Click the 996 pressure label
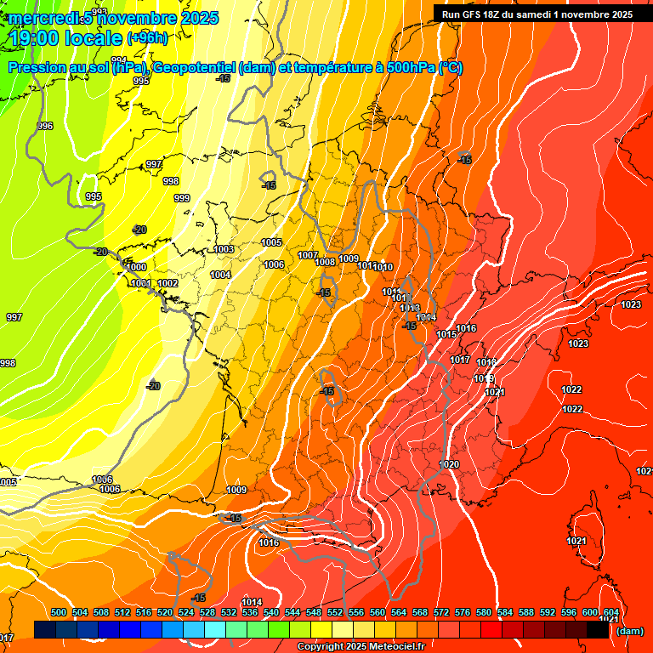(x=45, y=126)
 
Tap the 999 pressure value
(x=181, y=198)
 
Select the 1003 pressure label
(x=224, y=249)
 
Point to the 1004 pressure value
(x=220, y=275)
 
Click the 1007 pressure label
(x=308, y=255)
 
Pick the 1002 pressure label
(x=168, y=283)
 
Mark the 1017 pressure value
(x=460, y=360)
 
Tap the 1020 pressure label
(x=450, y=464)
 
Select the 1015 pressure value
(x=446, y=334)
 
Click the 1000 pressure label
(x=136, y=267)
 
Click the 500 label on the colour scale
(x=59, y=612)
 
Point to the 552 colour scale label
(x=335, y=612)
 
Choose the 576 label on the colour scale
(x=463, y=612)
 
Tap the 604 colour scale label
(x=610, y=612)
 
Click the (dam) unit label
(x=629, y=630)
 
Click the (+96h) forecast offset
(x=147, y=38)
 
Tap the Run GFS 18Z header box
(x=537, y=14)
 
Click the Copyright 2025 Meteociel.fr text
(x=361, y=646)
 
